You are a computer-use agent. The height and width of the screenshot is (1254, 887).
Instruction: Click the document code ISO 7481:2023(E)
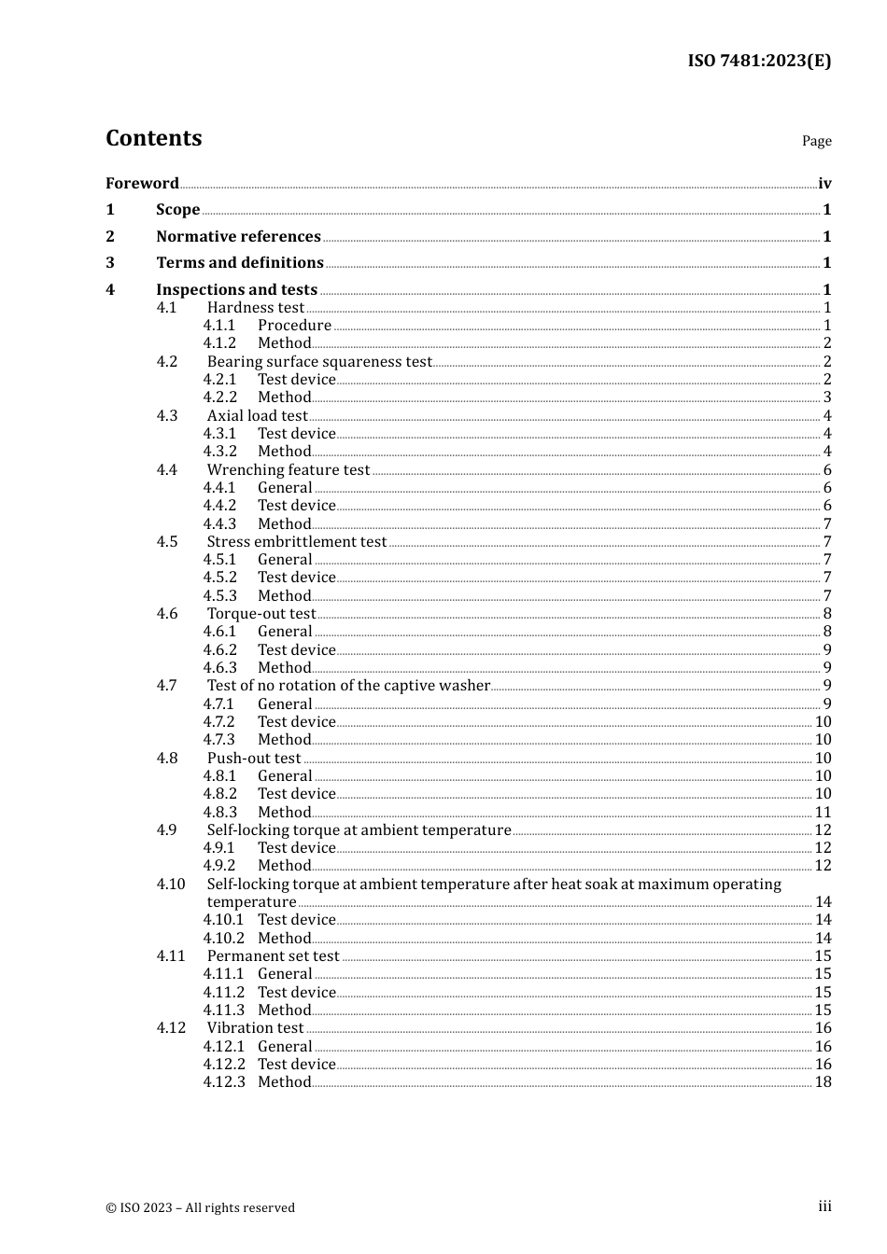coord(759,62)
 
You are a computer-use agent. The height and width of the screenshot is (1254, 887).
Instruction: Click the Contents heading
coord(153,138)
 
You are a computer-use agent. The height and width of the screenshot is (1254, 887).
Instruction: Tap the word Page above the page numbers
coord(816,141)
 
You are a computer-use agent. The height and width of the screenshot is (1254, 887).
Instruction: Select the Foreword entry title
coord(142,184)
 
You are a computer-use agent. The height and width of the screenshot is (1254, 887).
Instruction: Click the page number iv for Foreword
coord(824,184)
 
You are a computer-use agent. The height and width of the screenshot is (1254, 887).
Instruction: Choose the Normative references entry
coord(238,237)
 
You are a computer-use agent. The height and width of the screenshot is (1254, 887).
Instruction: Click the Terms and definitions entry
coord(240,263)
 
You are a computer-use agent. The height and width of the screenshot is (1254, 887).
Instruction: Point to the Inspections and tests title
coord(236,290)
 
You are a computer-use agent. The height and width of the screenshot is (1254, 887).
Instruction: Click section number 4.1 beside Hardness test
coord(166,308)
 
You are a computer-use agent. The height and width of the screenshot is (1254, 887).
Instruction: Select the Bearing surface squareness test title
coord(319,362)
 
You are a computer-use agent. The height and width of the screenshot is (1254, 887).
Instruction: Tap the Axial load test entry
coord(257,416)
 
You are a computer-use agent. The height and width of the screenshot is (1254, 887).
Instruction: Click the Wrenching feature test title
coord(289,470)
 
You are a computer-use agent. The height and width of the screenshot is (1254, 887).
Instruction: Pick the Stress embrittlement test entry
coord(297,542)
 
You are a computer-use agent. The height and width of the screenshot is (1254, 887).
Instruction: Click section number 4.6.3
coord(220,668)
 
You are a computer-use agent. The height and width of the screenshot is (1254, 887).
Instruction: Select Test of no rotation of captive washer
coord(348,686)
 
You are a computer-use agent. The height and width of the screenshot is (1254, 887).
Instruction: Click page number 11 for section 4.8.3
coord(823,813)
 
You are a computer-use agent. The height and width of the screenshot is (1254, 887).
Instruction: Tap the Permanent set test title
coord(273,956)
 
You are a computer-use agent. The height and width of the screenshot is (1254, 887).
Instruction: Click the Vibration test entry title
coord(255,1028)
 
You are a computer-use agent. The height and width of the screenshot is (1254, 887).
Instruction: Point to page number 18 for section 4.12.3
coord(823,1082)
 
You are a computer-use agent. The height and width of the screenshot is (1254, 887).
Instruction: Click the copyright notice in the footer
coord(200,1208)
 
